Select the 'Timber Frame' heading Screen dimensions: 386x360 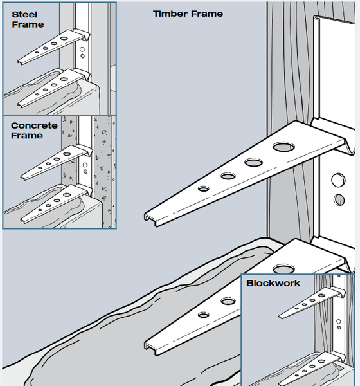tap(188, 14)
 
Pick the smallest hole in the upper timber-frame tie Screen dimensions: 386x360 tap(203, 189)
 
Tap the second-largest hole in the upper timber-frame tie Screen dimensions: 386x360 tap(253, 162)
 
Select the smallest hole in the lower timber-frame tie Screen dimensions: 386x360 tap(203, 315)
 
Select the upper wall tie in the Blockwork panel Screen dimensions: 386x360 tap(306, 304)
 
